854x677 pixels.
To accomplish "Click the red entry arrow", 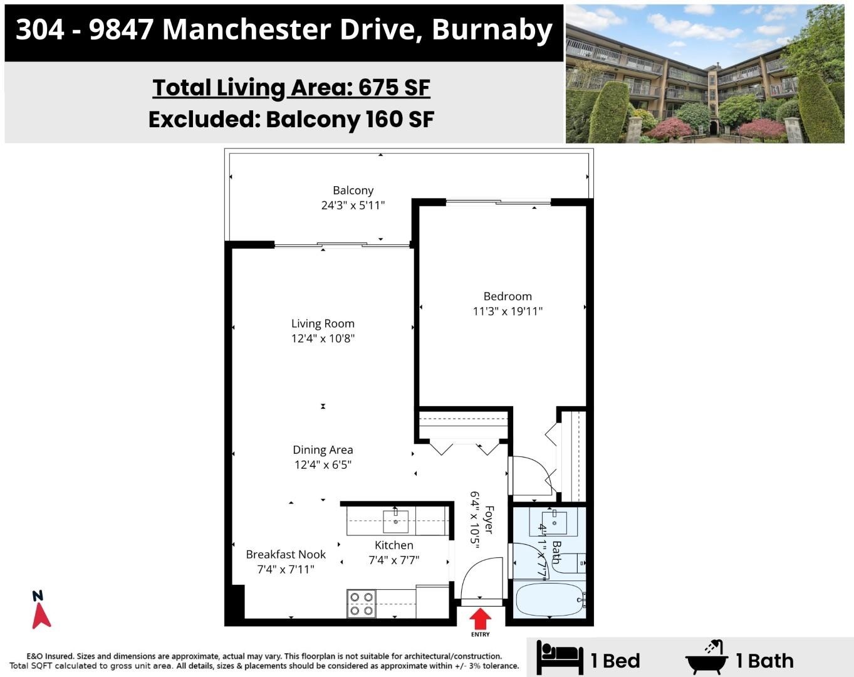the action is pos(480,618).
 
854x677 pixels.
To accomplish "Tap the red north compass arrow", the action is pos(41,616).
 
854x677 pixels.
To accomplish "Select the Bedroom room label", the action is pos(508,297).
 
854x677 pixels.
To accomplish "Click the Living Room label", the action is pos(323,323).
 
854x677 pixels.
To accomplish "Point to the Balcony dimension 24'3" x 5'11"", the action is pos(353,205).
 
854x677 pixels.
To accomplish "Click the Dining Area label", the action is pos(323,450).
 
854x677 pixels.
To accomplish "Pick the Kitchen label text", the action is pos(394,545).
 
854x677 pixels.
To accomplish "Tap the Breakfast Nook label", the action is pos(286,554).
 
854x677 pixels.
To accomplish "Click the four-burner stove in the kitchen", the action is pos(361,604).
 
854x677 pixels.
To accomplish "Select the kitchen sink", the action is pos(395,522).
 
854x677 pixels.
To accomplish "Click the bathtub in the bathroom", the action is pos(549,599).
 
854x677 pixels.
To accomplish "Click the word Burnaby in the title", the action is pos(492,30).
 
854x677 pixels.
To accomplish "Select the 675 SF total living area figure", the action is pos(394,87).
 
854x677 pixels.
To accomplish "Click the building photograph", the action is pos(705,73).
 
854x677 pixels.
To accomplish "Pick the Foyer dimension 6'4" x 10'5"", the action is pos(475,520).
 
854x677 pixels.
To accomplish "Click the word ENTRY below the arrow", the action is pos(480,634).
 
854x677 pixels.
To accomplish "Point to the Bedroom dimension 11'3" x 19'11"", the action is pos(508,312).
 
